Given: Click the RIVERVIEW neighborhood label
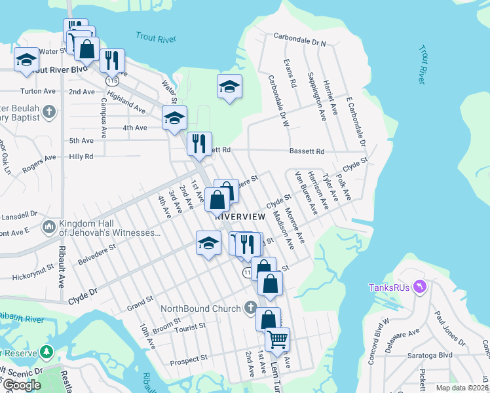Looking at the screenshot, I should coord(240,216).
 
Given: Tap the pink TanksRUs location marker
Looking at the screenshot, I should coord(421,286).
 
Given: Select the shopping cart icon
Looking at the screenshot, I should coord(278,339).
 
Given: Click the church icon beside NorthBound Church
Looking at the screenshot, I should coord(250,308).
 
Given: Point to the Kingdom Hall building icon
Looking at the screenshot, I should coord(48,227).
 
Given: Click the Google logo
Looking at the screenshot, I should coord(22,384).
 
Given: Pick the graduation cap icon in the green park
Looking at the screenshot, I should coord(229,86).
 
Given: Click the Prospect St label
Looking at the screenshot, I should coord(189,358).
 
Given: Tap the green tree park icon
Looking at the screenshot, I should coord(47,352).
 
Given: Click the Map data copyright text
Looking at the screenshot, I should coord(462,388).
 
